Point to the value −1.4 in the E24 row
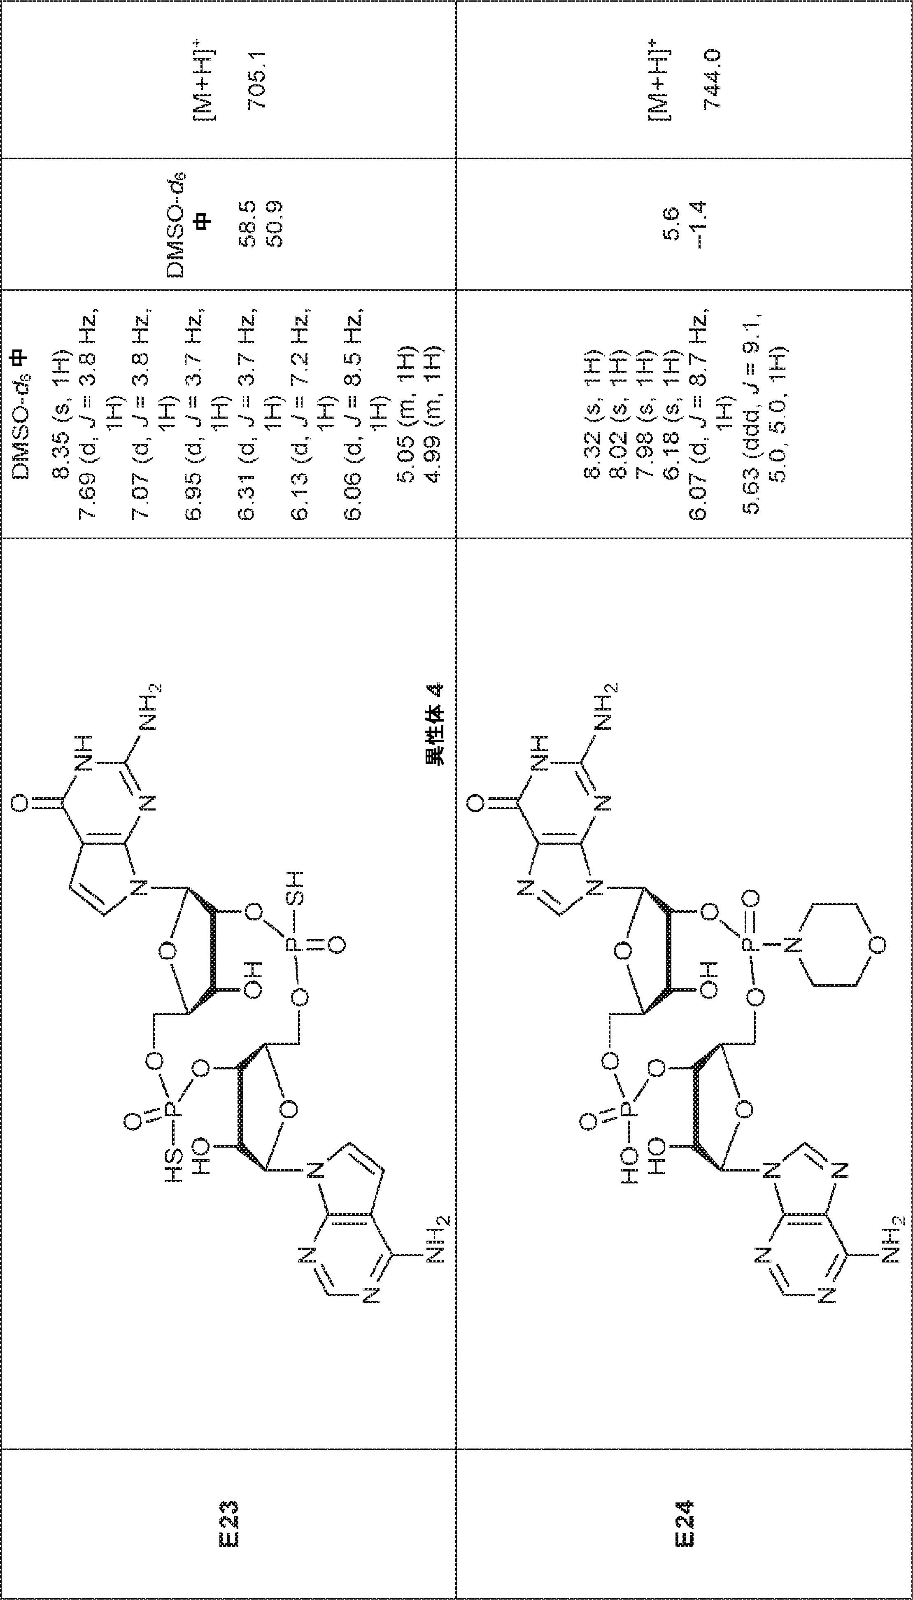(x=697, y=224)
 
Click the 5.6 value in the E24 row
(x=670, y=224)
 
